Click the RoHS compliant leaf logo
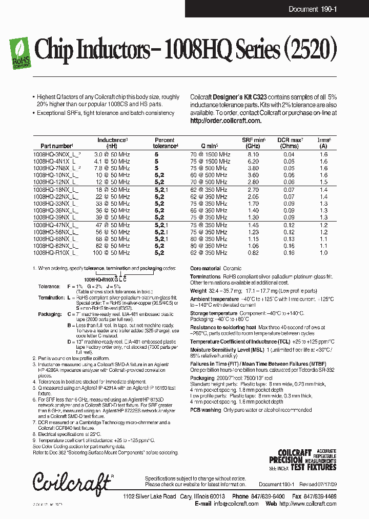tap(19, 53)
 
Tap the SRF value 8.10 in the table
tap(253, 154)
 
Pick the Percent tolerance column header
tap(165, 143)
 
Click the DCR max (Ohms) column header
tap(290, 143)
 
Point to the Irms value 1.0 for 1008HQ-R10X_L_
tap(323, 253)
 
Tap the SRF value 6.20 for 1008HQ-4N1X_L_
tap(253, 161)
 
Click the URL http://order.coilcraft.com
tap(225, 121)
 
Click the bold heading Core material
tap(206, 269)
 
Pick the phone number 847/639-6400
tap(271, 496)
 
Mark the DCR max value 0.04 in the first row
tap(289, 154)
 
